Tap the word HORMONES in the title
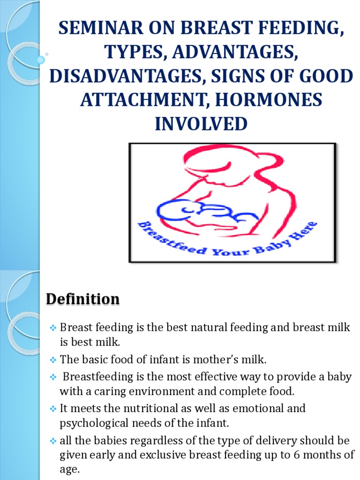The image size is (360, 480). (x=269, y=100)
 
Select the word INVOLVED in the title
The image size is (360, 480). (x=201, y=124)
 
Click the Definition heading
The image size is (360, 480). (x=82, y=299)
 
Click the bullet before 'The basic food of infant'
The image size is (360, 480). (x=53, y=360)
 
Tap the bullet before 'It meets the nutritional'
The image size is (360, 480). (x=53, y=409)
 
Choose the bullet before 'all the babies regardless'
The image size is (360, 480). (x=53, y=441)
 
